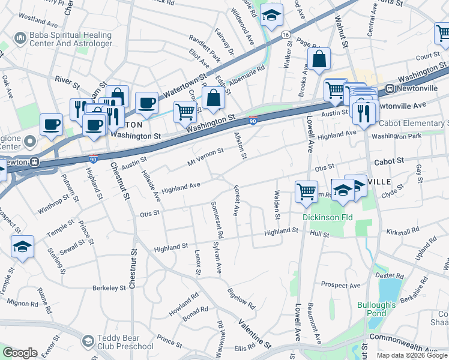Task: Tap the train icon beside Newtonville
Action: (x=390, y=89)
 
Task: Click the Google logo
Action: (x=20, y=353)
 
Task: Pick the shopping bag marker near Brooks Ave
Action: (x=319, y=60)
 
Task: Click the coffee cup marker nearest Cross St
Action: (x=146, y=103)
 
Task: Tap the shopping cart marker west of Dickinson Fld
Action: (x=306, y=192)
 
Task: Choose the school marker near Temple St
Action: (x=22, y=247)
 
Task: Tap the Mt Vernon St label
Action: (x=205, y=157)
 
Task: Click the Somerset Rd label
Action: (x=217, y=219)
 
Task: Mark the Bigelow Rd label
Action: (x=242, y=298)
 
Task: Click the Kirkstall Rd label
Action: (x=403, y=231)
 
